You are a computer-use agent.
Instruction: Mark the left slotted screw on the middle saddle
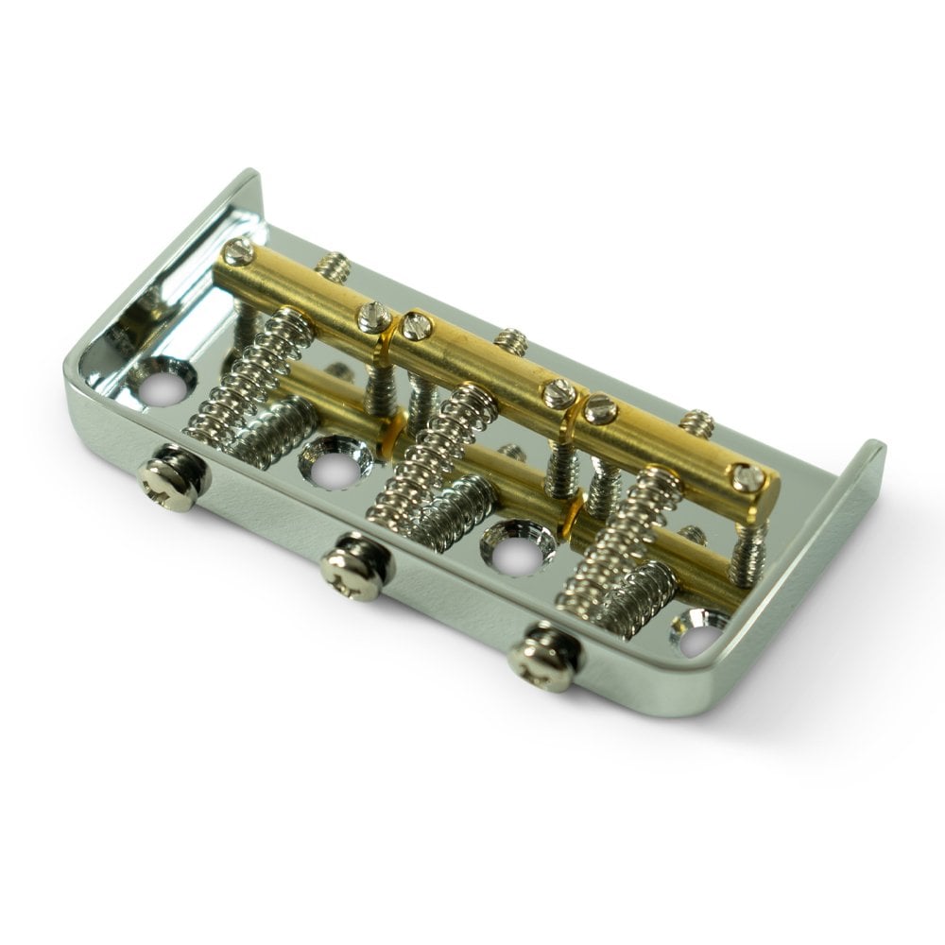pos(416,327)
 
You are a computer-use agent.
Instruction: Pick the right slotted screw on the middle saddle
pos(558,389)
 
